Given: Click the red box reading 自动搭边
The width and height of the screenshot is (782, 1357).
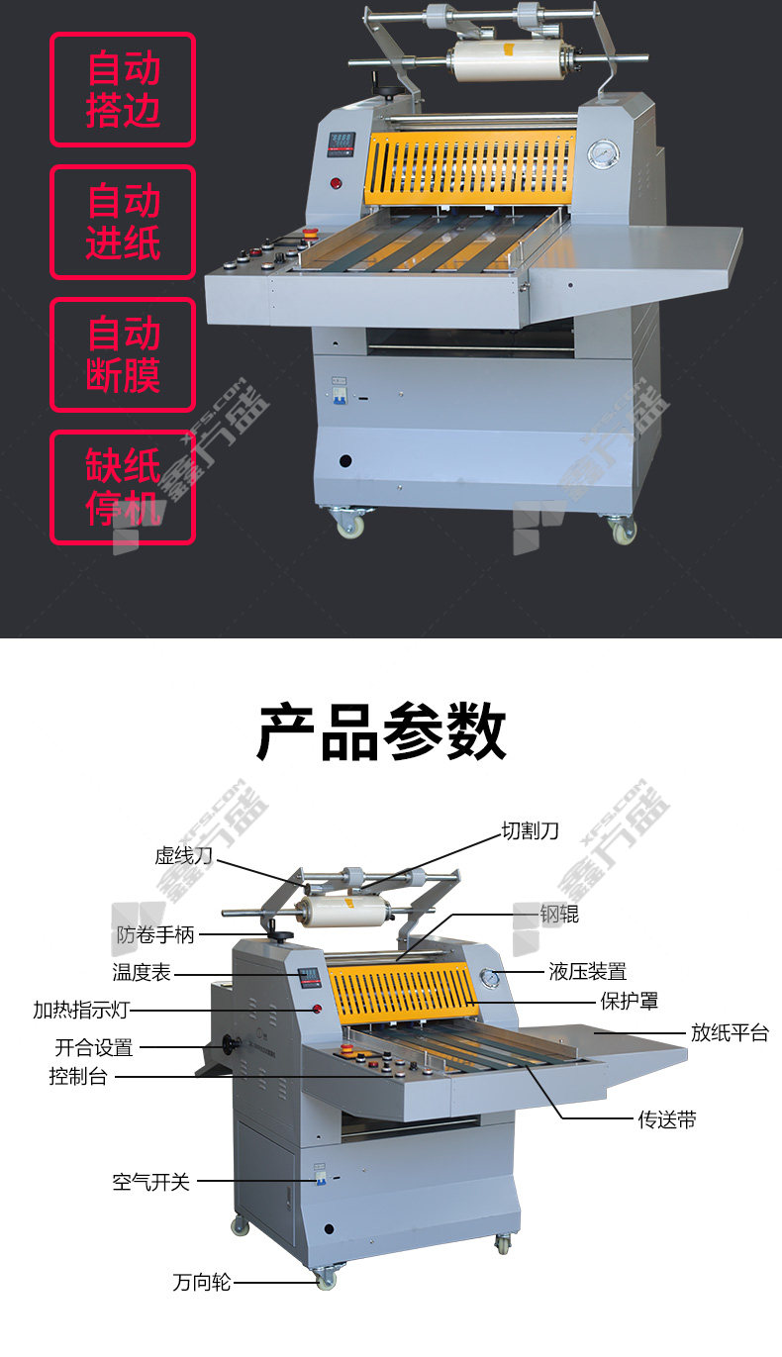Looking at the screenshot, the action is coord(123,89).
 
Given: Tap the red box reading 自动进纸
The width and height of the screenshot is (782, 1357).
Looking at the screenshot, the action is coord(123,222).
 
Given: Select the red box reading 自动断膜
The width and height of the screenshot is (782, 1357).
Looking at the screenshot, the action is coord(123,354).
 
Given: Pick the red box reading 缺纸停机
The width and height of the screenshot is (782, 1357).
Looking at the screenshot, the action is coord(123,487).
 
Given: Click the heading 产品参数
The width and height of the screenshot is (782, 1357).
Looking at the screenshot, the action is coord(382,731).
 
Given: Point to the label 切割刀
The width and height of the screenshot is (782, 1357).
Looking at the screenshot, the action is coord(530,830).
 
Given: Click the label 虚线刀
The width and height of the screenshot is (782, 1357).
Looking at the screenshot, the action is coord(183,855).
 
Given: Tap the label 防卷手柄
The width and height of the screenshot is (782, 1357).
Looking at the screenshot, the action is coord(155,934).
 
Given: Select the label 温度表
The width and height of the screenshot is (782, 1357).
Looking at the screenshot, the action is coord(142,972).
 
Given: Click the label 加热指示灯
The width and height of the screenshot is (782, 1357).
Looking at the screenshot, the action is coord(81,1010).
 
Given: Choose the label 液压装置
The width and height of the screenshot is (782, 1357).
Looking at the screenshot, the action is coord(587,972).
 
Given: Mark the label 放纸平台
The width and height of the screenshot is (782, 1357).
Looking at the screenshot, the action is coord(730,1032).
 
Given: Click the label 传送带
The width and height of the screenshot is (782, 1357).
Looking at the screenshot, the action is coord(667,1120).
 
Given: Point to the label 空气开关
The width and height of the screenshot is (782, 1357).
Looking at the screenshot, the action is coord(150,1182).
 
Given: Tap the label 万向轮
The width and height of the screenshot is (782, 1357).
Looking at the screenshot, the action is coord(202,1283).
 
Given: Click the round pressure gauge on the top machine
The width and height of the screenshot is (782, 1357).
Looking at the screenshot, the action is coord(603,153).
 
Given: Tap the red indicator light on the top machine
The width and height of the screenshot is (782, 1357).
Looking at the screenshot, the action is coord(336,183).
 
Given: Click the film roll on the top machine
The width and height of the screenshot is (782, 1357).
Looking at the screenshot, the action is coord(509,60).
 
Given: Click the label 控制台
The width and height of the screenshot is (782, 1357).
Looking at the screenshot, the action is coord(78,1077).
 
